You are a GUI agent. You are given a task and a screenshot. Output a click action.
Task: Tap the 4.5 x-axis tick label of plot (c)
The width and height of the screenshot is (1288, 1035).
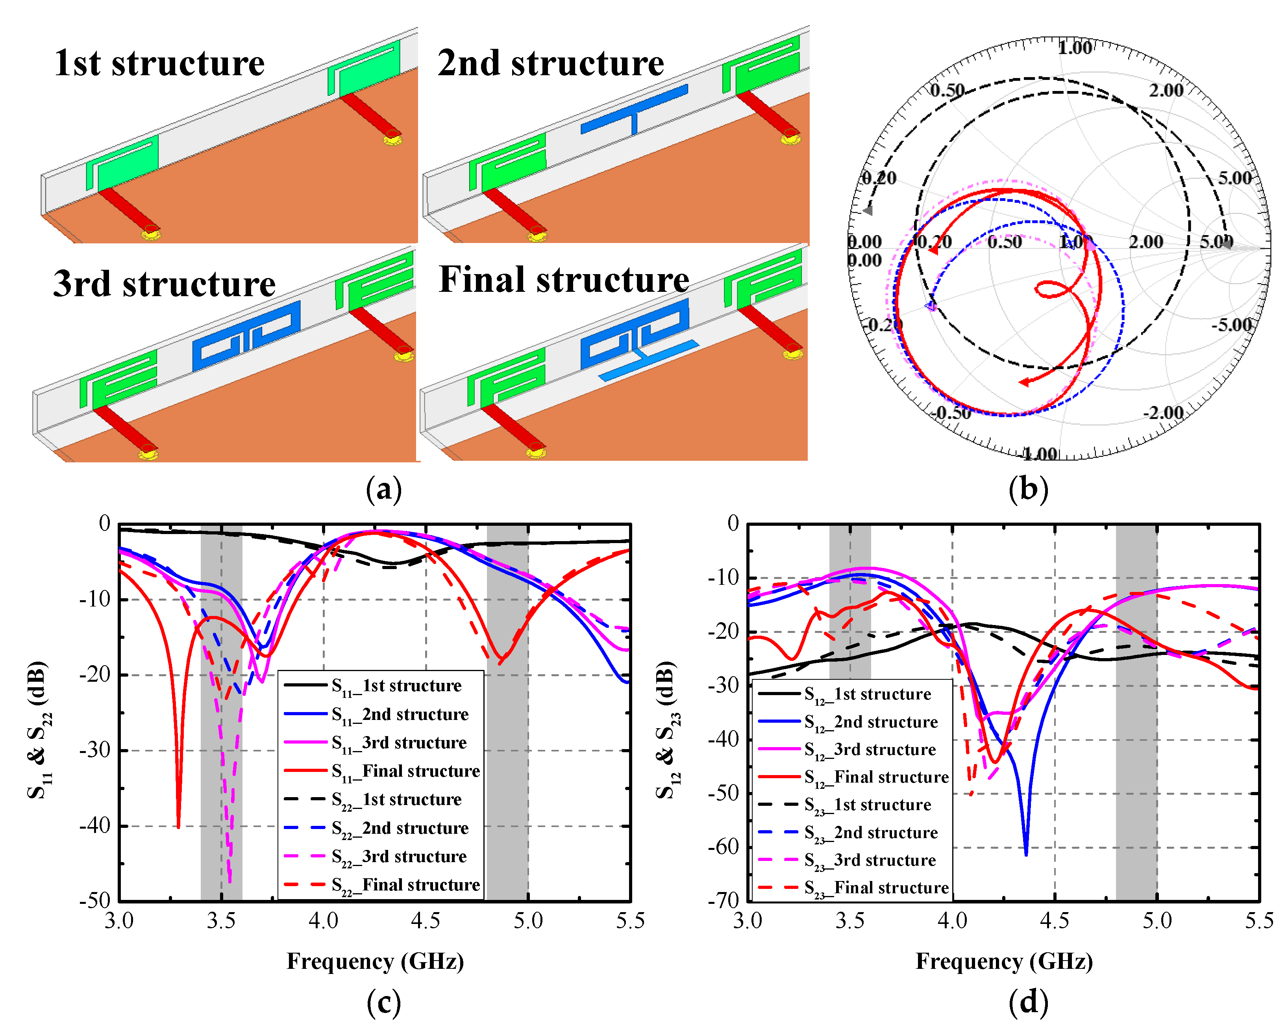(x=426, y=921)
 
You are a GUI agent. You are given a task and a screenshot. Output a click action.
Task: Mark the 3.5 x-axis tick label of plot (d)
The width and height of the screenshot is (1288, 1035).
(x=849, y=921)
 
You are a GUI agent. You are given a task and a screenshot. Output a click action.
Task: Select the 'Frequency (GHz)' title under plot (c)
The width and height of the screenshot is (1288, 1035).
(x=375, y=961)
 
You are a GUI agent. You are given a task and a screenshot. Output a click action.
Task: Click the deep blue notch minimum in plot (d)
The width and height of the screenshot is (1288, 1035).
(x=1026, y=853)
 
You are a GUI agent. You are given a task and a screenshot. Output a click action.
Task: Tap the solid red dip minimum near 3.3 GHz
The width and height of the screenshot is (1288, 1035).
(x=178, y=826)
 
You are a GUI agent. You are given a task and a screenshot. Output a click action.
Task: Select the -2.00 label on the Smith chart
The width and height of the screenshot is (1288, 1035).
(x=1162, y=413)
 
